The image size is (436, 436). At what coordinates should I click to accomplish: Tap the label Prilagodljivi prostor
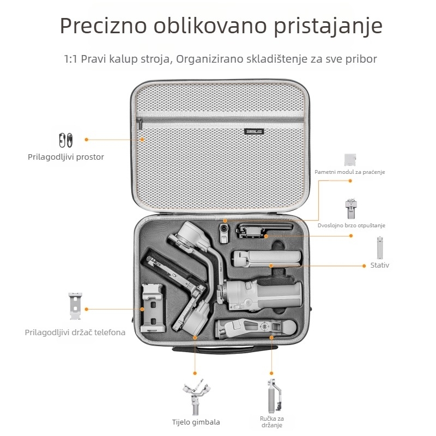[x=66, y=157]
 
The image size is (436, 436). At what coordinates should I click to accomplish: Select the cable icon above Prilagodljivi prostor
[x=65, y=140]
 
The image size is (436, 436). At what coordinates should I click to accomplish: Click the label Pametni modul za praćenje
[x=350, y=172]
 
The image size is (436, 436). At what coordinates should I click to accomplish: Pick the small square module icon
[x=351, y=159]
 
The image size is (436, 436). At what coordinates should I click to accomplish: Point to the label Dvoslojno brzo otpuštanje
[x=352, y=225]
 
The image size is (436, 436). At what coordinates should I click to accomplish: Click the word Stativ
[x=380, y=265]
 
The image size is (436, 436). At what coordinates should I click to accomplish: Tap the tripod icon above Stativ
[x=379, y=247]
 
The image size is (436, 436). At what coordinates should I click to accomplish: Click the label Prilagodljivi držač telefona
[x=75, y=332]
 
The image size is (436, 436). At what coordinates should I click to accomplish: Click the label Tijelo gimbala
[x=196, y=422]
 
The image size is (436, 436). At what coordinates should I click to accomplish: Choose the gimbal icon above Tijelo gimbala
[x=196, y=397]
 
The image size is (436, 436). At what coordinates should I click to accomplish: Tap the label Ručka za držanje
[x=271, y=422]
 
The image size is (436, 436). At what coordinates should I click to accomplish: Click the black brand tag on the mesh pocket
[x=254, y=131]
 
